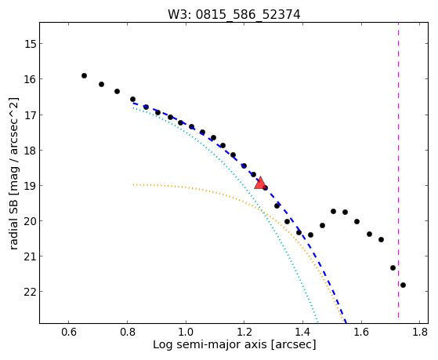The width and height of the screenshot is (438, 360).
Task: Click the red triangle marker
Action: tap(260, 183)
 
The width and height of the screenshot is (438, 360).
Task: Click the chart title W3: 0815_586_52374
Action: tap(233, 14)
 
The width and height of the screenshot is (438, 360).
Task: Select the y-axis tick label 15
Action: tap(30, 44)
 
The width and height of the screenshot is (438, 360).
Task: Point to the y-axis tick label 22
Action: tap(30, 292)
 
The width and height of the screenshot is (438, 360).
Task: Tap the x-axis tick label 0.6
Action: tap(69, 332)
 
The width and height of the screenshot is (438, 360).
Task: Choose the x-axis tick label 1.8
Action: tap(420, 332)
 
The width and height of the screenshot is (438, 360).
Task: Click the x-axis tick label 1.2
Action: tap(244, 332)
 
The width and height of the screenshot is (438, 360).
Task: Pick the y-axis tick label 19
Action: tap(30, 185)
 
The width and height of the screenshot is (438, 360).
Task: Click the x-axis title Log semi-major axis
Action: tap(210, 344)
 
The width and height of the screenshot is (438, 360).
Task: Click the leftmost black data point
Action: tap(84, 75)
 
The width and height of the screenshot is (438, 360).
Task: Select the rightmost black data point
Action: tap(403, 285)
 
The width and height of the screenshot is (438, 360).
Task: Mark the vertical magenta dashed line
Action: tap(398, 170)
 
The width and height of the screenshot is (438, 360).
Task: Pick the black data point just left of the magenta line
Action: tap(393, 267)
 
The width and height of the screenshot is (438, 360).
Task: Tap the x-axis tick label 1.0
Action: tap(186, 332)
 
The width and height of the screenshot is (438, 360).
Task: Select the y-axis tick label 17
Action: tap(30, 115)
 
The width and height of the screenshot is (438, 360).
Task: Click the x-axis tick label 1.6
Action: tap(361, 332)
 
